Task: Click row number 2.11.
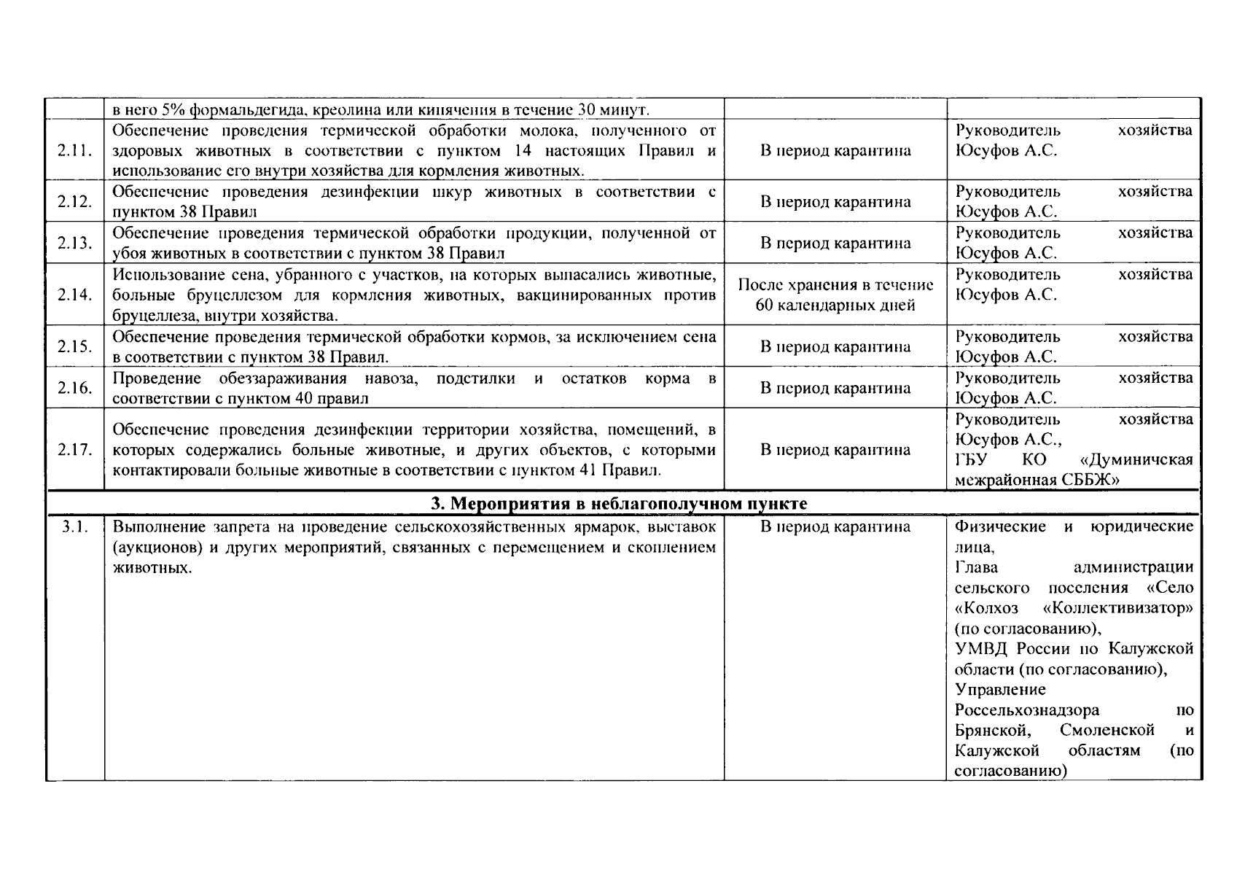coord(74,151)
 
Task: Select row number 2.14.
coord(74,295)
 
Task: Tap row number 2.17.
coord(74,450)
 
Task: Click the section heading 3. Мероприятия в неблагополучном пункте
coord(619,504)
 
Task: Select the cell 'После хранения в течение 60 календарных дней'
coord(835,295)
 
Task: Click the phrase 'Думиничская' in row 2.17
coord(1136,460)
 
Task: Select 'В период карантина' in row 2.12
coord(835,202)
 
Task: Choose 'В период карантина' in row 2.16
coord(835,388)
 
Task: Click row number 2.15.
coord(74,346)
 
